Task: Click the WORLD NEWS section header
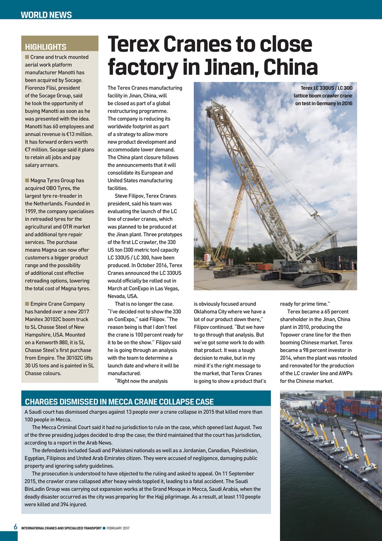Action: click(46, 15)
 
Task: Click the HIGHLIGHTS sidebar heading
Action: click(46, 46)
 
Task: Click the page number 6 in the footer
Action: click(15, 527)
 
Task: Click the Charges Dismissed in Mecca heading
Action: click(119, 402)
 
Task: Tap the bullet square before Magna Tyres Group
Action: click(27, 180)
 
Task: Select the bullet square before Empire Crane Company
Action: click(27, 304)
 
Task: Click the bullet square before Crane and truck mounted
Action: click(27, 57)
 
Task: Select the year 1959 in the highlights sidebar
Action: click(32, 211)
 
